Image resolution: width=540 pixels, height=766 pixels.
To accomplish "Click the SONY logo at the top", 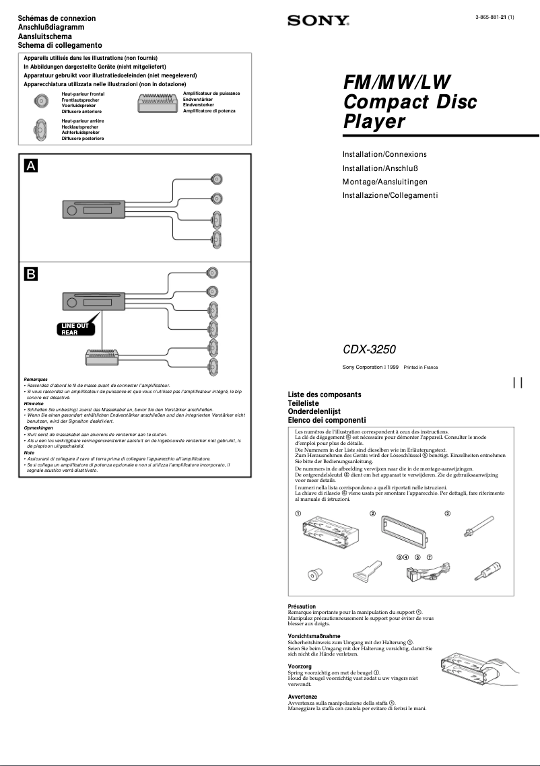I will [318, 22].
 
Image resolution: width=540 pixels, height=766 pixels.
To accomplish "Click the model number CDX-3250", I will [370, 350].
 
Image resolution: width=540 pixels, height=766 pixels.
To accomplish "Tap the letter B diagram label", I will [32, 274].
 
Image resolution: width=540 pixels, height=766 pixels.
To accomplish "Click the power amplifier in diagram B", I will [102, 360].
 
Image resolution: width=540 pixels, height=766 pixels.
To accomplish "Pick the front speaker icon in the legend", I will [42, 102].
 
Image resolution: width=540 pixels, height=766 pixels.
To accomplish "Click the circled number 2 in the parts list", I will [372, 514].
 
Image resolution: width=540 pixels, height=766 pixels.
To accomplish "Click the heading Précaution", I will [302, 606].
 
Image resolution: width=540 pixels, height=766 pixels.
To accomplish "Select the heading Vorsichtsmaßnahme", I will [314, 636].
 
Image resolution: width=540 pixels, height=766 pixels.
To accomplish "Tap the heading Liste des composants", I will [325, 394].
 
